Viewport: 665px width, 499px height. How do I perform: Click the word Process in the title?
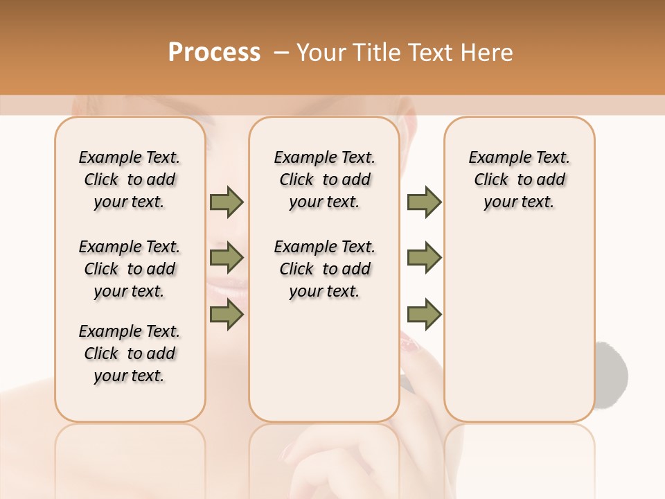point(214,53)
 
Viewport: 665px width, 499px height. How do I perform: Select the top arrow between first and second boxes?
point(227,202)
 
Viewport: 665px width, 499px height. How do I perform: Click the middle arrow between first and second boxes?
point(227,258)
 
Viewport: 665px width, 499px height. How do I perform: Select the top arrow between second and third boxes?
point(424,202)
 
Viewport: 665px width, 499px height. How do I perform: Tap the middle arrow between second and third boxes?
point(424,258)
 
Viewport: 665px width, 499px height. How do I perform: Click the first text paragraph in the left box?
point(130,180)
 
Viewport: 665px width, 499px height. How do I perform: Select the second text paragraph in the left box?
point(130,269)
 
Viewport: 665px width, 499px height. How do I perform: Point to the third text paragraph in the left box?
point(130,353)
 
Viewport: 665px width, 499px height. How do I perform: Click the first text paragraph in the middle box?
point(324,180)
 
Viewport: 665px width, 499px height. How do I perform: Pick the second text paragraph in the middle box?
point(324,269)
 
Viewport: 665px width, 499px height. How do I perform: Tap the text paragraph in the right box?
point(519,180)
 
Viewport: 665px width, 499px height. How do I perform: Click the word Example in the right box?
point(495,158)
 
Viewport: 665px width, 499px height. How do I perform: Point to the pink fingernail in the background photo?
point(413,344)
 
